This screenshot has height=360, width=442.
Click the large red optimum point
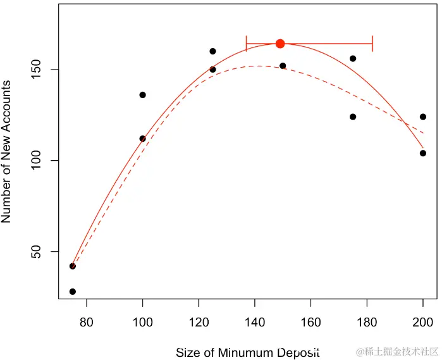[x=280, y=44]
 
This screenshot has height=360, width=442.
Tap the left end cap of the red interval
[x=247, y=44]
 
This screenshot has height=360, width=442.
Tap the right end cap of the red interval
[x=372, y=44]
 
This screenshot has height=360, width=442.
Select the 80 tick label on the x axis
[x=87, y=321]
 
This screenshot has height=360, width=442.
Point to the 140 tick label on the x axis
[x=255, y=321]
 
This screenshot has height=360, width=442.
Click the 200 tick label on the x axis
[x=423, y=321]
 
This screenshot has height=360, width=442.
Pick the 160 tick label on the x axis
[x=310, y=321]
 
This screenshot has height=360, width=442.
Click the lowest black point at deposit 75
[x=73, y=292]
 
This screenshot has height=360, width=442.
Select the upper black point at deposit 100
[x=143, y=95]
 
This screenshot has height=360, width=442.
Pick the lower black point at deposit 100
[x=143, y=139]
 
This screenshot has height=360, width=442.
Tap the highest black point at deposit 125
[x=212, y=51]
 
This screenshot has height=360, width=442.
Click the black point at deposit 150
[x=283, y=66]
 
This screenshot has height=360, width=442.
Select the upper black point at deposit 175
[x=353, y=58]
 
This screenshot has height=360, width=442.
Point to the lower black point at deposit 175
[x=353, y=116]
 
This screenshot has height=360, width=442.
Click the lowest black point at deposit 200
[x=423, y=153]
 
